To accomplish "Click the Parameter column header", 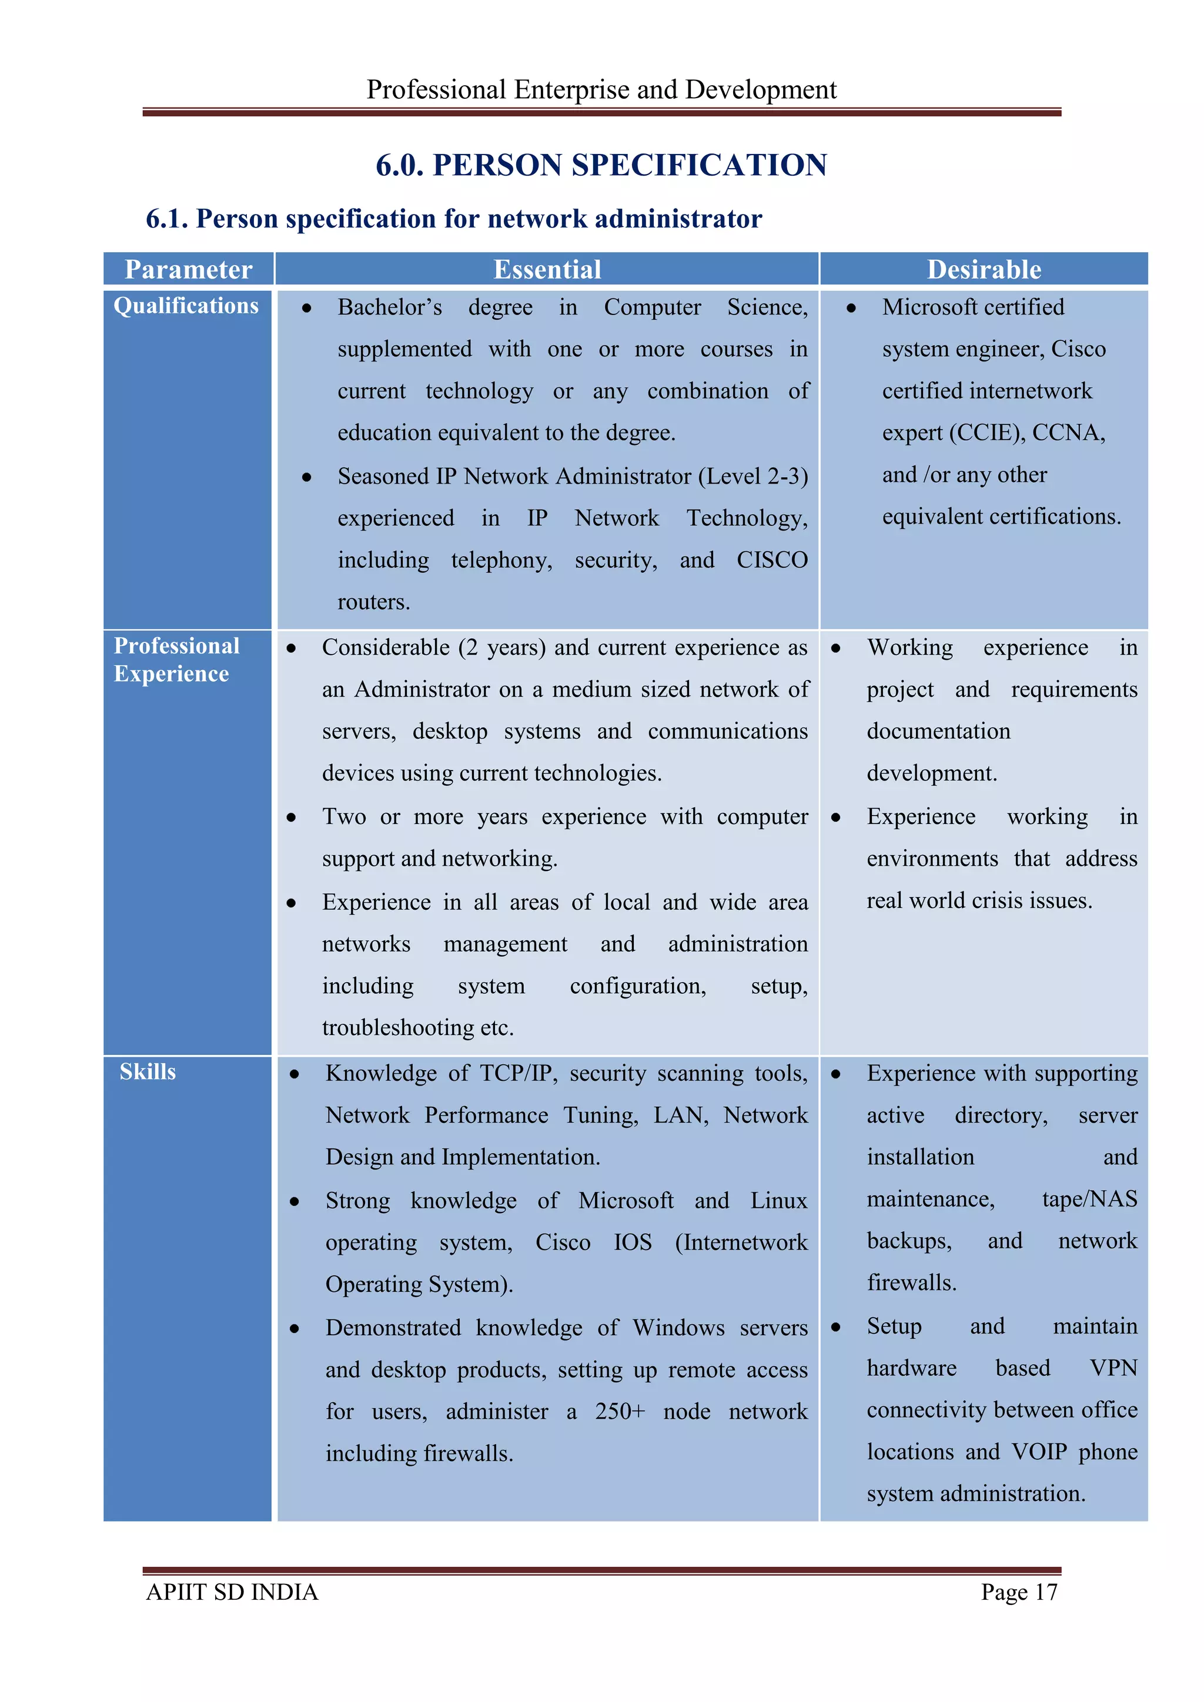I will [x=188, y=269].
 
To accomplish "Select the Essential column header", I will [x=547, y=269].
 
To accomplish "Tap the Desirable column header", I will [x=984, y=269].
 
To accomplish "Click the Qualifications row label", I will [x=186, y=306].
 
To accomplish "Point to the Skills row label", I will [x=148, y=1071].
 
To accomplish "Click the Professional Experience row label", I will [x=176, y=660].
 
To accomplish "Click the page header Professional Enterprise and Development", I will [x=601, y=90].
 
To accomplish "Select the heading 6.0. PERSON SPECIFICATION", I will [x=601, y=165].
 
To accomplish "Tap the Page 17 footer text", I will [x=1019, y=1592].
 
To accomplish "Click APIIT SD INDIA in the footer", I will [x=232, y=1592].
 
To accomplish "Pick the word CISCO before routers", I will [x=772, y=559].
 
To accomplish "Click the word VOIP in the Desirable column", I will [x=1039, y=1452].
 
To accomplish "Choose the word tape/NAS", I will [x=1089, y=1199].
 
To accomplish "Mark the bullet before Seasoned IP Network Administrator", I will [x=306, y=477].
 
